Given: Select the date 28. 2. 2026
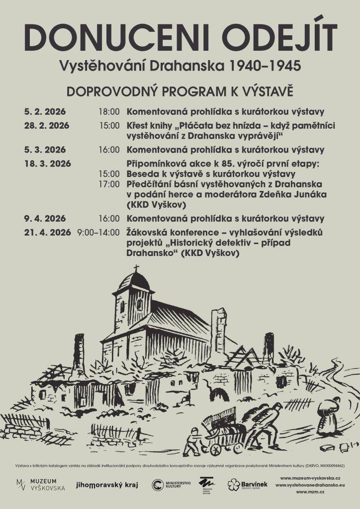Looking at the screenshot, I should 46,125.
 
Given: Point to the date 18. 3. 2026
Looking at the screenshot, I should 47,164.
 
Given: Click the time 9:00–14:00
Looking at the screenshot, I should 98,232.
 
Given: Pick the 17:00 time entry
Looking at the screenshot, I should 109,184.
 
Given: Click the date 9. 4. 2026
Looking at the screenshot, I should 45,218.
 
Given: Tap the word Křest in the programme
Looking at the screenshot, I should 138,125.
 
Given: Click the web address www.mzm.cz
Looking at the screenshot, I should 310,492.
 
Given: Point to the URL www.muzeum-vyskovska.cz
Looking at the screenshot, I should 310,478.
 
